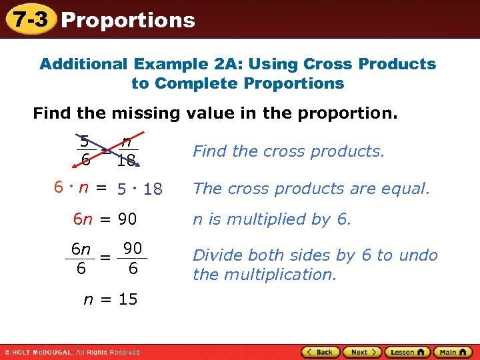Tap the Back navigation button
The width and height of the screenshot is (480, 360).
(x=321, y=352)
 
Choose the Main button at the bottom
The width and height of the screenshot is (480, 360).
(x=453, y=352)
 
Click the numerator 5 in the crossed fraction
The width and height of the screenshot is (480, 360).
(x=84, y=141)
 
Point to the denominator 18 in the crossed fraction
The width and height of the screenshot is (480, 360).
(x=125, y=161)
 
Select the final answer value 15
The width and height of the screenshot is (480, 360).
(x=128, y=299)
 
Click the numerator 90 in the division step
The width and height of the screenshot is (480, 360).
(x=133, y=249)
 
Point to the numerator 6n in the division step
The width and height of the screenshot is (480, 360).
(x=81, y=249)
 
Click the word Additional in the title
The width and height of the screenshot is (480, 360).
(x=83, y=65)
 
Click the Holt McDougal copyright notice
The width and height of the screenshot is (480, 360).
(x=72, y=352)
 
